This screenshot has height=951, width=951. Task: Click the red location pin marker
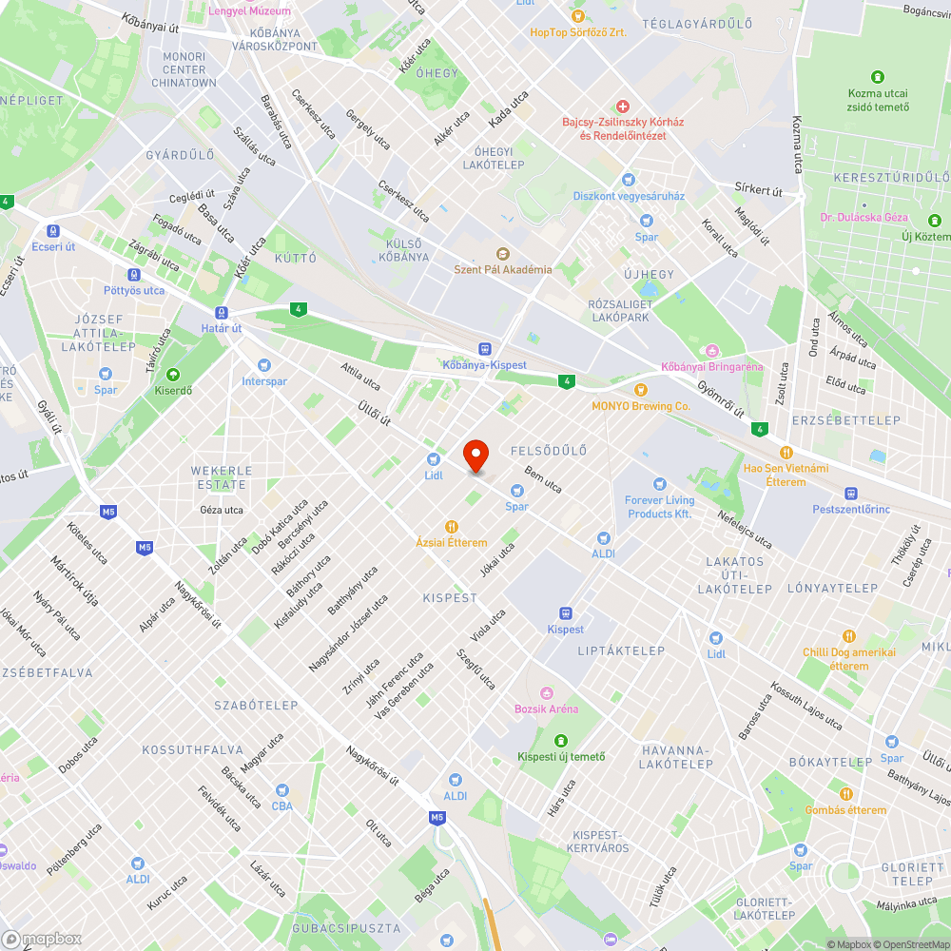point(475,455)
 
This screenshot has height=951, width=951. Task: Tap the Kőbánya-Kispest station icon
point(485,349)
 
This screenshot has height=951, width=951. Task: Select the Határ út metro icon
point(222,312)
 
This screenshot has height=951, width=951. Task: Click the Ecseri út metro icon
point(51,229)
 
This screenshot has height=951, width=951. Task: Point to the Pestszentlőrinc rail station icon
point(851,494)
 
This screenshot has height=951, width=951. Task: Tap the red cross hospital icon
point(623,107)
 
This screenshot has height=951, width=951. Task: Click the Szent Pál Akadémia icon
point(502,253)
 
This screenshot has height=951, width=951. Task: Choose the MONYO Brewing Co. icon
point(641,389)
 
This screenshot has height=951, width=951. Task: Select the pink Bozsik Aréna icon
point(546,693)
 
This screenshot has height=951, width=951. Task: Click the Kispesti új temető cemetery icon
point(561,740)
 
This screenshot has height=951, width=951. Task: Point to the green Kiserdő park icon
point(172,374)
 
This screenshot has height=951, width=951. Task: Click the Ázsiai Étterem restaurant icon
point(452,527)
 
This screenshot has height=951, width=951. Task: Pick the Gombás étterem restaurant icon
point(845,794)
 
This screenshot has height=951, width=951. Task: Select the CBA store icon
point(281,790)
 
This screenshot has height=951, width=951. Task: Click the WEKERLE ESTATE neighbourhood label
point(222,477)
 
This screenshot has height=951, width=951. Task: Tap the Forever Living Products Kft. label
point(660,507)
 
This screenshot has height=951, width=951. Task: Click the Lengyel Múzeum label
point(250,10)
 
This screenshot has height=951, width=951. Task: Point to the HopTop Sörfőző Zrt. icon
point(576,16)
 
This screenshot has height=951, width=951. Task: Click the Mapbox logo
point(43,939)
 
